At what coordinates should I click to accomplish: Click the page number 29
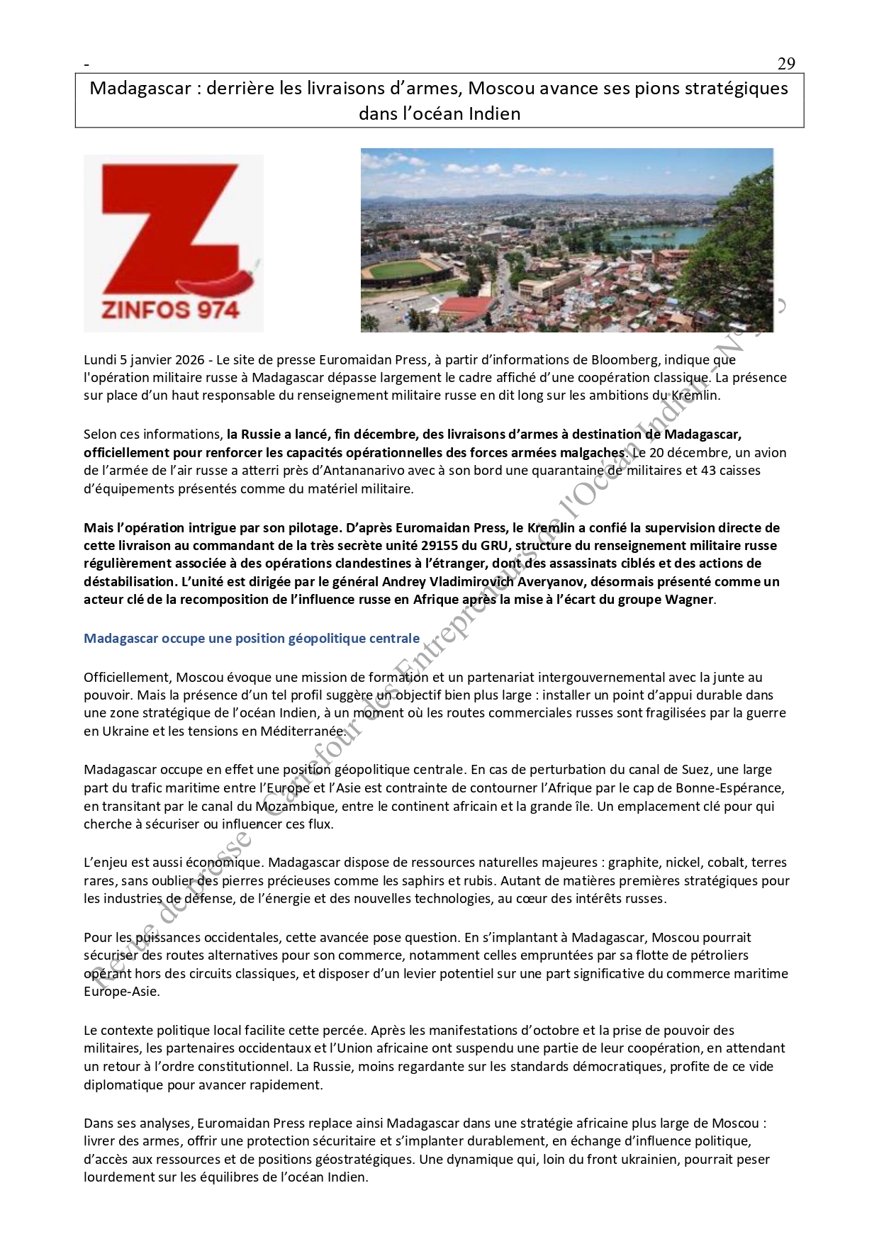[786, 64]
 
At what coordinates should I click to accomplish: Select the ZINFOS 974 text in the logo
[170, 310]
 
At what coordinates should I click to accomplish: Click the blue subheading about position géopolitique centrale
[252, 639]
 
